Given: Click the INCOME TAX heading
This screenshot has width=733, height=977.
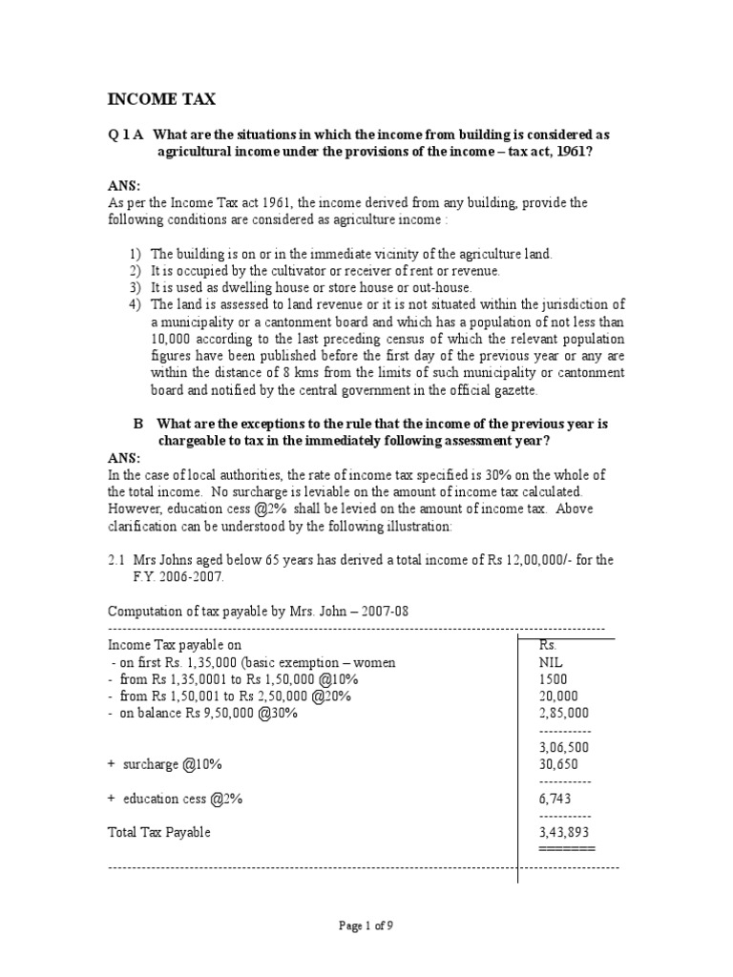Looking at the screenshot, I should click(x=159, y=99).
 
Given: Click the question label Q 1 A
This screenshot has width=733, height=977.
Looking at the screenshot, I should click(x=125, y=135).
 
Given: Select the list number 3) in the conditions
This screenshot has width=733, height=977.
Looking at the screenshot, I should click(x=135, y=287).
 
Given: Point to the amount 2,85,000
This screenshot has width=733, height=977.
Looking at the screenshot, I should click(x=564, y=714).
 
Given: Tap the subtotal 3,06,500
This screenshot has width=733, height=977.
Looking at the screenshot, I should click(x=564, y=748).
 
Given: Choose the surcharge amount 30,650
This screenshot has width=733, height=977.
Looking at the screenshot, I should click(x=558, y=765).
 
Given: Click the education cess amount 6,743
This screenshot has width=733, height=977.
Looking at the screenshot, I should click(x=555, y=800).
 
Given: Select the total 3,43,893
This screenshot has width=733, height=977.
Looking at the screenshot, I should click(x=564, y=833).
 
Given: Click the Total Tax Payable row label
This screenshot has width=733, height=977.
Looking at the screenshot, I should click(x=158, y=833).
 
